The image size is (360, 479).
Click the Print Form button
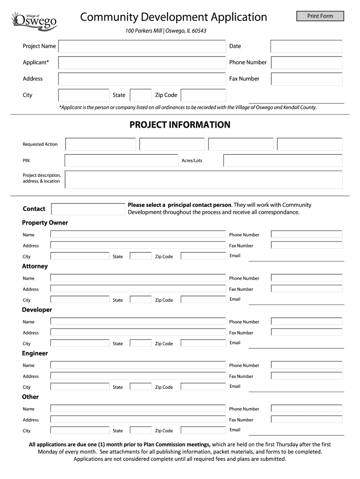point(320,16)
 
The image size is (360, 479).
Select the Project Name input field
point(142,46)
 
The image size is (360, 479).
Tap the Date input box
point(306,46)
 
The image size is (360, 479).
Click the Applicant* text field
point(142,63)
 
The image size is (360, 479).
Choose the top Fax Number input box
point(306,79)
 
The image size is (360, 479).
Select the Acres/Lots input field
point(282,160)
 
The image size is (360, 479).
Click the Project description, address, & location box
point(203,179)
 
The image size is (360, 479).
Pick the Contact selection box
point(87,209)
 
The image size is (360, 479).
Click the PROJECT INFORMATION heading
point(180,125)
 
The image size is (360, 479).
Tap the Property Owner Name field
point(138,234)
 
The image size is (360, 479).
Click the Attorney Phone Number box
point(306,278)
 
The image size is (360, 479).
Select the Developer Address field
point(138,333)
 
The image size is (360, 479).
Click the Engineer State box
point(141,387)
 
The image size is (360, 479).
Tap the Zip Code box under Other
point(203,430)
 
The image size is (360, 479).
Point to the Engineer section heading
point(35,353)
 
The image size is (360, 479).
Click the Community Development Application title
point(173,17)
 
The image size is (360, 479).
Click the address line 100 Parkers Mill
point(166,31)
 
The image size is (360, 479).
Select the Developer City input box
point(80,343)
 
